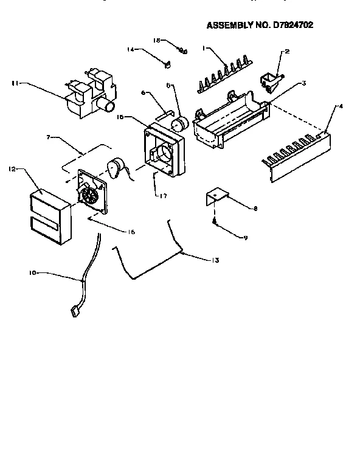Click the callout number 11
click(x=14, y=84)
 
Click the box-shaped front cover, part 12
click(x=47, y=216)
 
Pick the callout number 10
click(x=33, y=274)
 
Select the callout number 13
click(x=215, y=260)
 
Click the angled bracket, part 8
click(x=215, y=198)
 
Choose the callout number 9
click(x=246, y=237)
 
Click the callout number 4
click(x=341, y=106)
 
